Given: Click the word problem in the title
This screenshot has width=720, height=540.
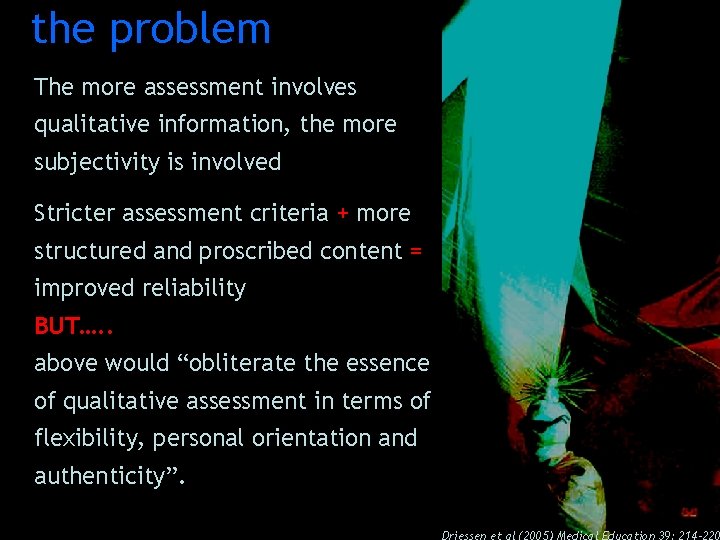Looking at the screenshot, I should click(x=190, y=29).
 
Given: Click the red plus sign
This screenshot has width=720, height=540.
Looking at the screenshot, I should click(x=343, y=214).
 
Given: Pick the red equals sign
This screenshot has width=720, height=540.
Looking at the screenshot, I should click(x=415, y=251).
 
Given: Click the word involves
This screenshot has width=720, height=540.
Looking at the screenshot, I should click(x=311, y=88).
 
